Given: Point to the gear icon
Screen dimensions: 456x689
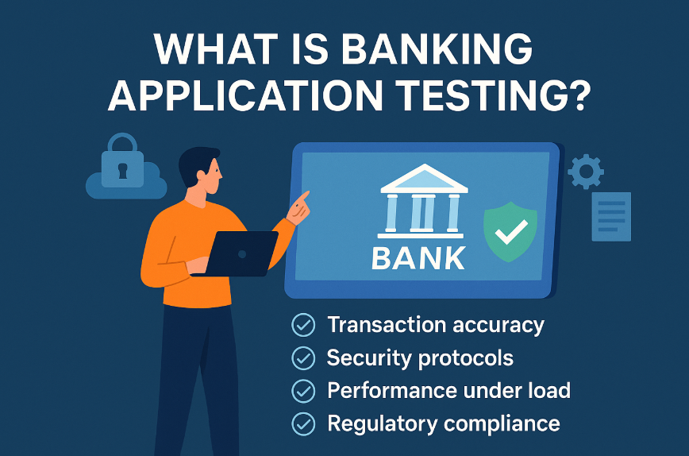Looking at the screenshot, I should [x=587, y=170].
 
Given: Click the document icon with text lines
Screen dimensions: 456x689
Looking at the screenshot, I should [x=611, y=216].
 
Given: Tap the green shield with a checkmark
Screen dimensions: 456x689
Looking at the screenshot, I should [x=510, y=231].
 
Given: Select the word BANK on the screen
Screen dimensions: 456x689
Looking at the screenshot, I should [x=419, y=258].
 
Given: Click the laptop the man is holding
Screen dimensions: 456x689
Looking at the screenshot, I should [x=239, y=253].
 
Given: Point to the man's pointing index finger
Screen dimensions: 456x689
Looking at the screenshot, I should [x=304, y=195].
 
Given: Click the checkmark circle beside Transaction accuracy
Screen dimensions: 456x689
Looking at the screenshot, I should [x=303, y=325].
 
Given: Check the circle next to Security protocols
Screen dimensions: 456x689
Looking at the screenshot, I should [x=303, y=358].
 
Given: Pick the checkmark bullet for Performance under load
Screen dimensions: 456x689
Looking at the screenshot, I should [x=303, y=391].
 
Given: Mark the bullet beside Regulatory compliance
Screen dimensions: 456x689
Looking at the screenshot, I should [x=303, y=423].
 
